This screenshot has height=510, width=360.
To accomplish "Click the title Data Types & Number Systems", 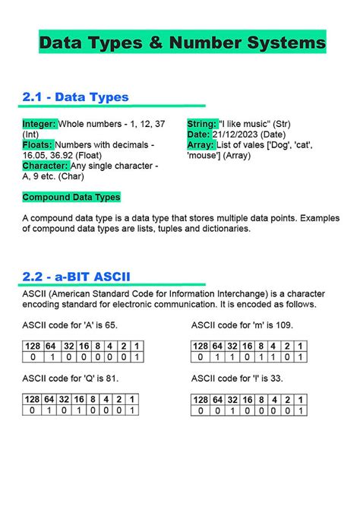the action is [182, 43].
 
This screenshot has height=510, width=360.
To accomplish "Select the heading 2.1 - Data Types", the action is [75, 97].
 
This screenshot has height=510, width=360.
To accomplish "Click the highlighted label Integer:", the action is [39, 124].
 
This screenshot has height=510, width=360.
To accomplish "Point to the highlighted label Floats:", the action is [37, 144].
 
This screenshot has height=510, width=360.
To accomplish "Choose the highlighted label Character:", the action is [45, 165].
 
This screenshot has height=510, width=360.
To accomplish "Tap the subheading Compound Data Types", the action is [71, 197].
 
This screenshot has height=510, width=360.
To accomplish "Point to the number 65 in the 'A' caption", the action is [109, 325].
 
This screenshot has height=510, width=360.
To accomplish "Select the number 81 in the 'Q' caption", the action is [109, 377].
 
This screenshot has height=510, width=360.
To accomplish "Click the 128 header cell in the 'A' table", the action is [32, 347].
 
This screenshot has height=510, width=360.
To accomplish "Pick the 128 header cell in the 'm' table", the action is [201, 347].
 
